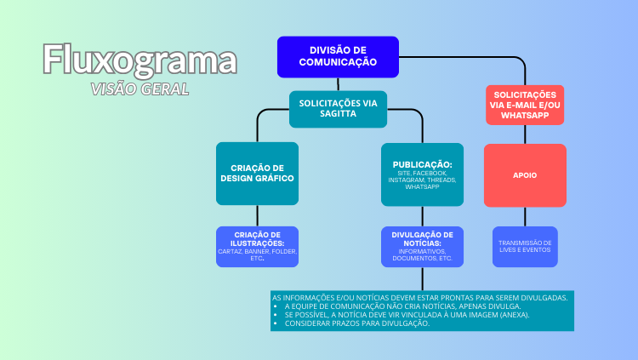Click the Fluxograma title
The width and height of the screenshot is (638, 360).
(140, 60)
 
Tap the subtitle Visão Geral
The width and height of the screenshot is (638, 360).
(140, 89)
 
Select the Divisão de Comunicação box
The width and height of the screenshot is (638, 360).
(338, 57)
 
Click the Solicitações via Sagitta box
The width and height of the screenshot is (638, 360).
(338, 109)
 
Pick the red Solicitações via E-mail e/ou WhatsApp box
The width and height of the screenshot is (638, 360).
(525, 105)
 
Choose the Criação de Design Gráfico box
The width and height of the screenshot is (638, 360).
(257, 174)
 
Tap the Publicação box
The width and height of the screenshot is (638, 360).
(422, 174)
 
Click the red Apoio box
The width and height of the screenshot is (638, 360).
(525, 175)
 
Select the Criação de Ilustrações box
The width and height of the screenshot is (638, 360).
(257, 246)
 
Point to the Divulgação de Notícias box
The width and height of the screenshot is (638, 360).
(422, 246)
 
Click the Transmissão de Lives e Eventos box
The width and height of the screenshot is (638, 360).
(525, 246)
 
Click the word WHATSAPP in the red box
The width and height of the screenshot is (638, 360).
(525, 114)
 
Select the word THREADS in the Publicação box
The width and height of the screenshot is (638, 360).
(442, 180)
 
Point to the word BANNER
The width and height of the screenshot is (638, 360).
(258, 251)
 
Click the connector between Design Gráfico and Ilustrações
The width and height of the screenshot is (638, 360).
(257, 215)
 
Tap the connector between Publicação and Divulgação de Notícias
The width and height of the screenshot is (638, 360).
(422, 216)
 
